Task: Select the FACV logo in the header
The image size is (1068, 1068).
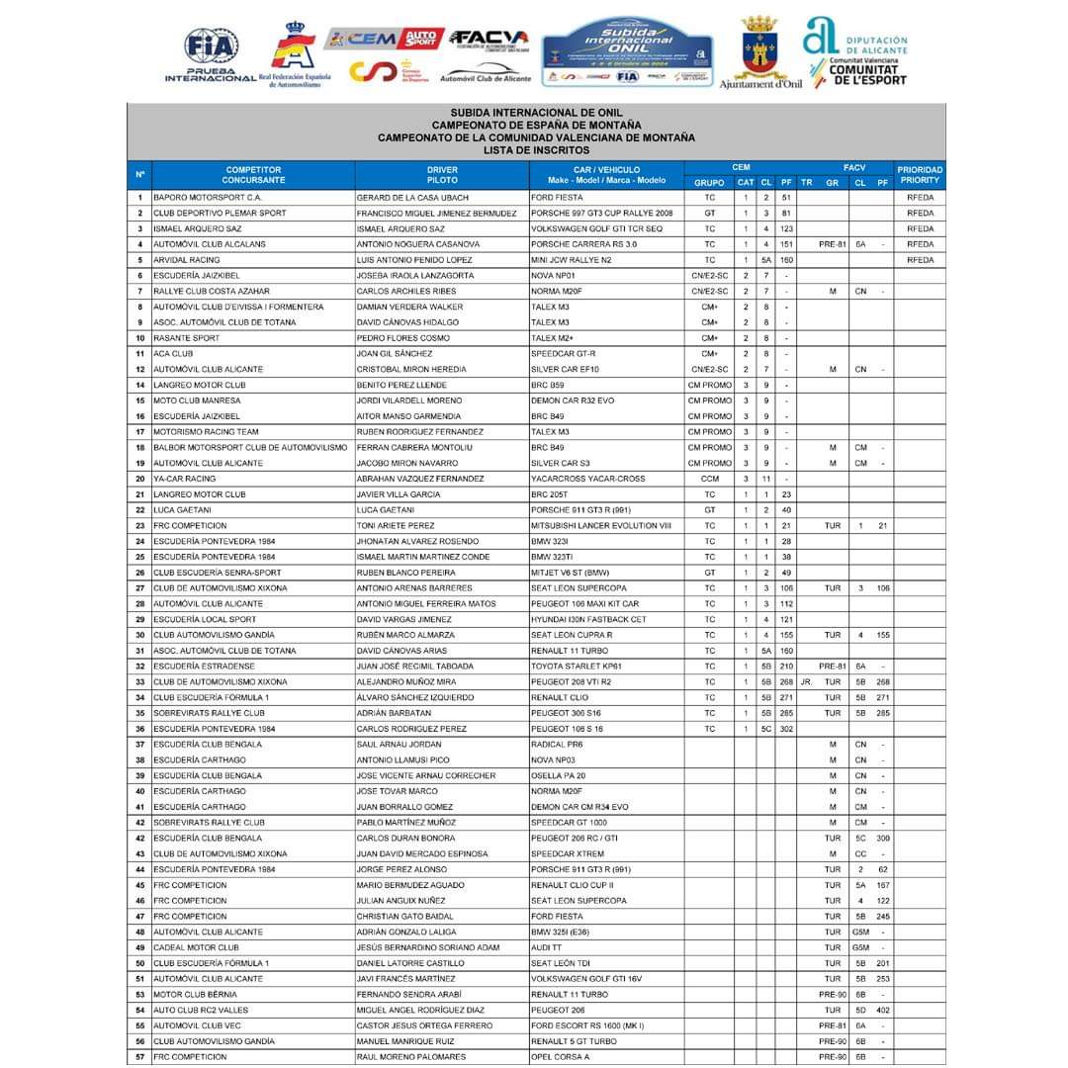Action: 489,39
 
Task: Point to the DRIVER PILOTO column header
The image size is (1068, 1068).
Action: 442,175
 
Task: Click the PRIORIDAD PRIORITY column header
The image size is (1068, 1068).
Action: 920,175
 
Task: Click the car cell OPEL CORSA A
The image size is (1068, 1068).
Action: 561,1057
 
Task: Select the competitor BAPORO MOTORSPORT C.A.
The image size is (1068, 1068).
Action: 207,198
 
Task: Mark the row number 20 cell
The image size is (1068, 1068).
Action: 139,479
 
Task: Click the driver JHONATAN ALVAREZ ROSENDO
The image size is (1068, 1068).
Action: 417,542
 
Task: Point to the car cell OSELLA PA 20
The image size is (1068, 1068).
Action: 559,776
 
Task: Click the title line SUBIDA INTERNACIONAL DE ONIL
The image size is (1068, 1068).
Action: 536,113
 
